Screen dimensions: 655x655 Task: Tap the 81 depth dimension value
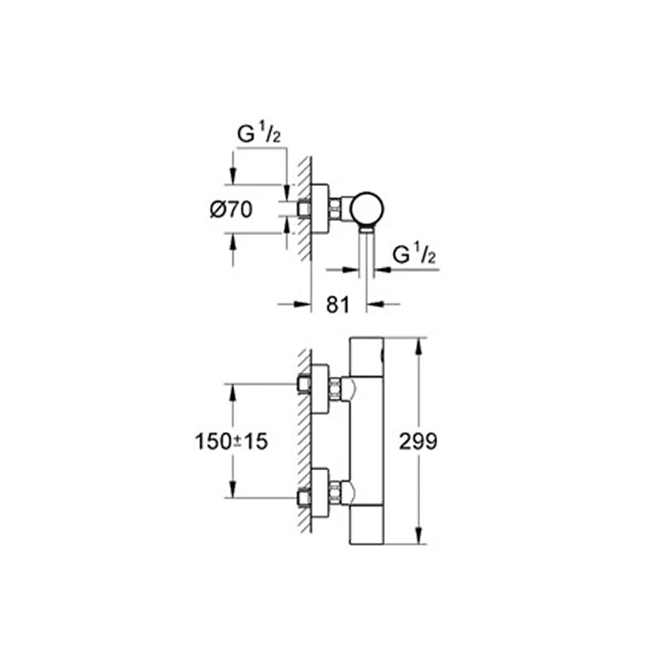pos(339,305)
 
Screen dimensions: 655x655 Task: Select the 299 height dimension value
pos(419,441)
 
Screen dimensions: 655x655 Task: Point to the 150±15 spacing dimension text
pos(233,441)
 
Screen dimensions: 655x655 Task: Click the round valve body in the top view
pos(368,210)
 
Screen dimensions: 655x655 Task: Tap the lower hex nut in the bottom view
pos(336,495)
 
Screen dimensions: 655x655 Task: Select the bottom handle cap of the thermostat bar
pos(370,528)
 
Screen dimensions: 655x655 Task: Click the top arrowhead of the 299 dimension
pos(419,342)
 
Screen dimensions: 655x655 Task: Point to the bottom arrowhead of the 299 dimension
pos(419,540)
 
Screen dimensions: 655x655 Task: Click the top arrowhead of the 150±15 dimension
pos(233,389)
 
